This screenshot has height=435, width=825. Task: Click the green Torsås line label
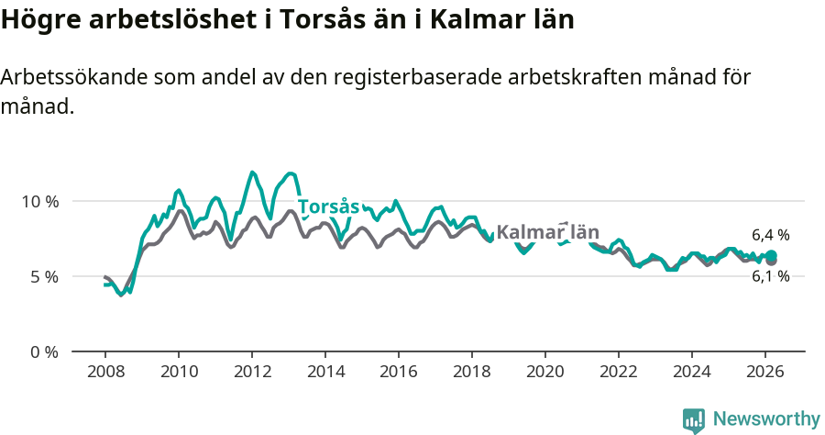[x=327, y=206]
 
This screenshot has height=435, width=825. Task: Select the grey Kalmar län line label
[x=547, y=232]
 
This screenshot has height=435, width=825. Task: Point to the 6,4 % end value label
[x=770, y=235]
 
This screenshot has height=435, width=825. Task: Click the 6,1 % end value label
[x=770, y=276]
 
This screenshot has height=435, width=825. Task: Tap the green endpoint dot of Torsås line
[x=771, y=255]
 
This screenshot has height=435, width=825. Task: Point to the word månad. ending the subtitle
[x=37, y=106]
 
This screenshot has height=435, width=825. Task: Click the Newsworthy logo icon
[x=694, y=420]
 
